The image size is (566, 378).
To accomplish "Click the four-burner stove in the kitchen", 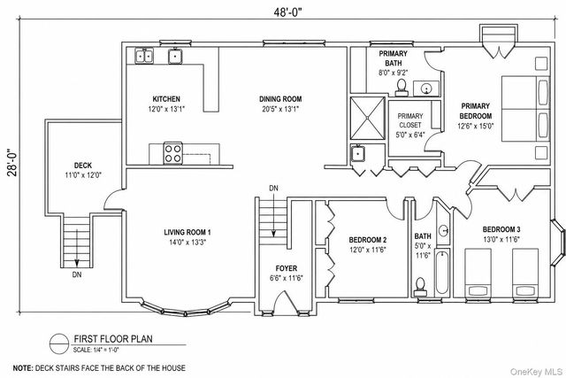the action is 173,153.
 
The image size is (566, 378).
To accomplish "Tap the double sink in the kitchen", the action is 144,56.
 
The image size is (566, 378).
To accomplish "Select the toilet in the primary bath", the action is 402,88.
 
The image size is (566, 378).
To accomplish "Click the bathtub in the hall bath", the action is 442,273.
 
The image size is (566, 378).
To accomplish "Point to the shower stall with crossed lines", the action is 368,118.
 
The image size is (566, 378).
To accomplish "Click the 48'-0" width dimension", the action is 287,12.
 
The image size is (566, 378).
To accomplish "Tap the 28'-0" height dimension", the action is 13,162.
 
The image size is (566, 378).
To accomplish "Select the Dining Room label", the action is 280,99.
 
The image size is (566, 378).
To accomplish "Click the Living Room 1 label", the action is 187,232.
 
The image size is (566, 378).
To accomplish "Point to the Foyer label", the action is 287,268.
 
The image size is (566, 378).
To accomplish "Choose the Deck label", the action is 83,166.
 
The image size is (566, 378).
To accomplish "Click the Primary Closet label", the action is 410,120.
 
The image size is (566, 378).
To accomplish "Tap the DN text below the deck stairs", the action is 77,274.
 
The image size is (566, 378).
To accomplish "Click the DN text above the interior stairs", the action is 273,189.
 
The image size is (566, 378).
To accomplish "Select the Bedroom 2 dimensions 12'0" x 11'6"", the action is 368,250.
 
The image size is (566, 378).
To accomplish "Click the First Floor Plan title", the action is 113,339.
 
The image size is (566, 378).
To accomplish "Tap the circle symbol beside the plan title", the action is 59,343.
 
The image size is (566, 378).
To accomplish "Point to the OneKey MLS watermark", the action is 536,372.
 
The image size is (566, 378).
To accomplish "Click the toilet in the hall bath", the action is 420,285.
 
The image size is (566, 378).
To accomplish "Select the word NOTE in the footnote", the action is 23,368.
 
